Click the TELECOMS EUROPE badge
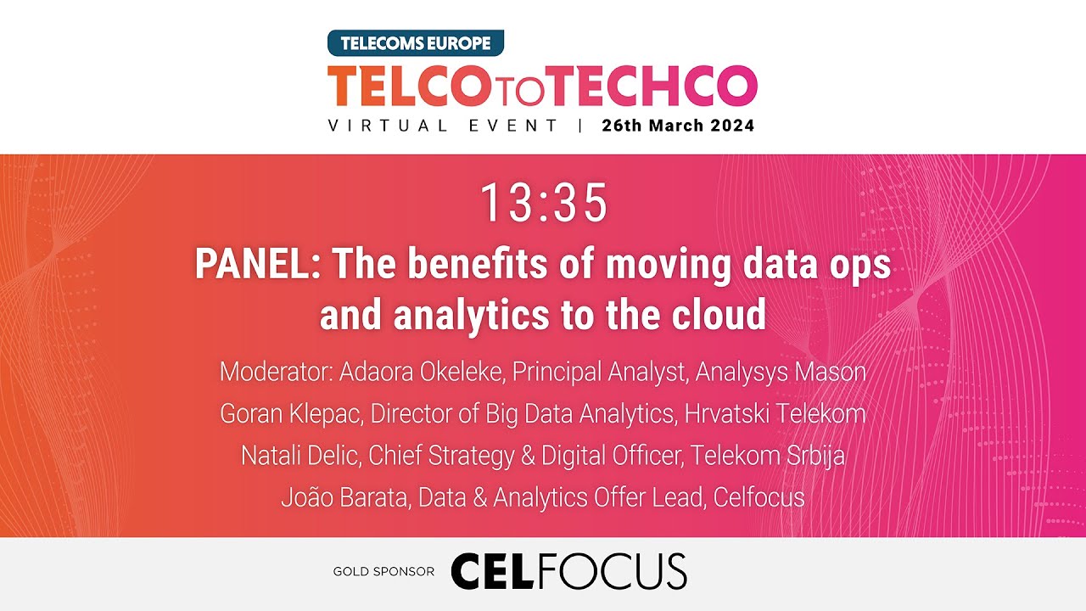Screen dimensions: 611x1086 tap(416, 42)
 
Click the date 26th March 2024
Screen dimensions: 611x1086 tap(678, 126)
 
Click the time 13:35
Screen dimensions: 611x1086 tap(544, 203)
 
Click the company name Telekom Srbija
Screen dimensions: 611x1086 tap(768, 456)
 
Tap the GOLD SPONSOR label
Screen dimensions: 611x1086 tap(383, 572)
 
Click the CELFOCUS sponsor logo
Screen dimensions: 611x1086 tap(568, 571)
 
